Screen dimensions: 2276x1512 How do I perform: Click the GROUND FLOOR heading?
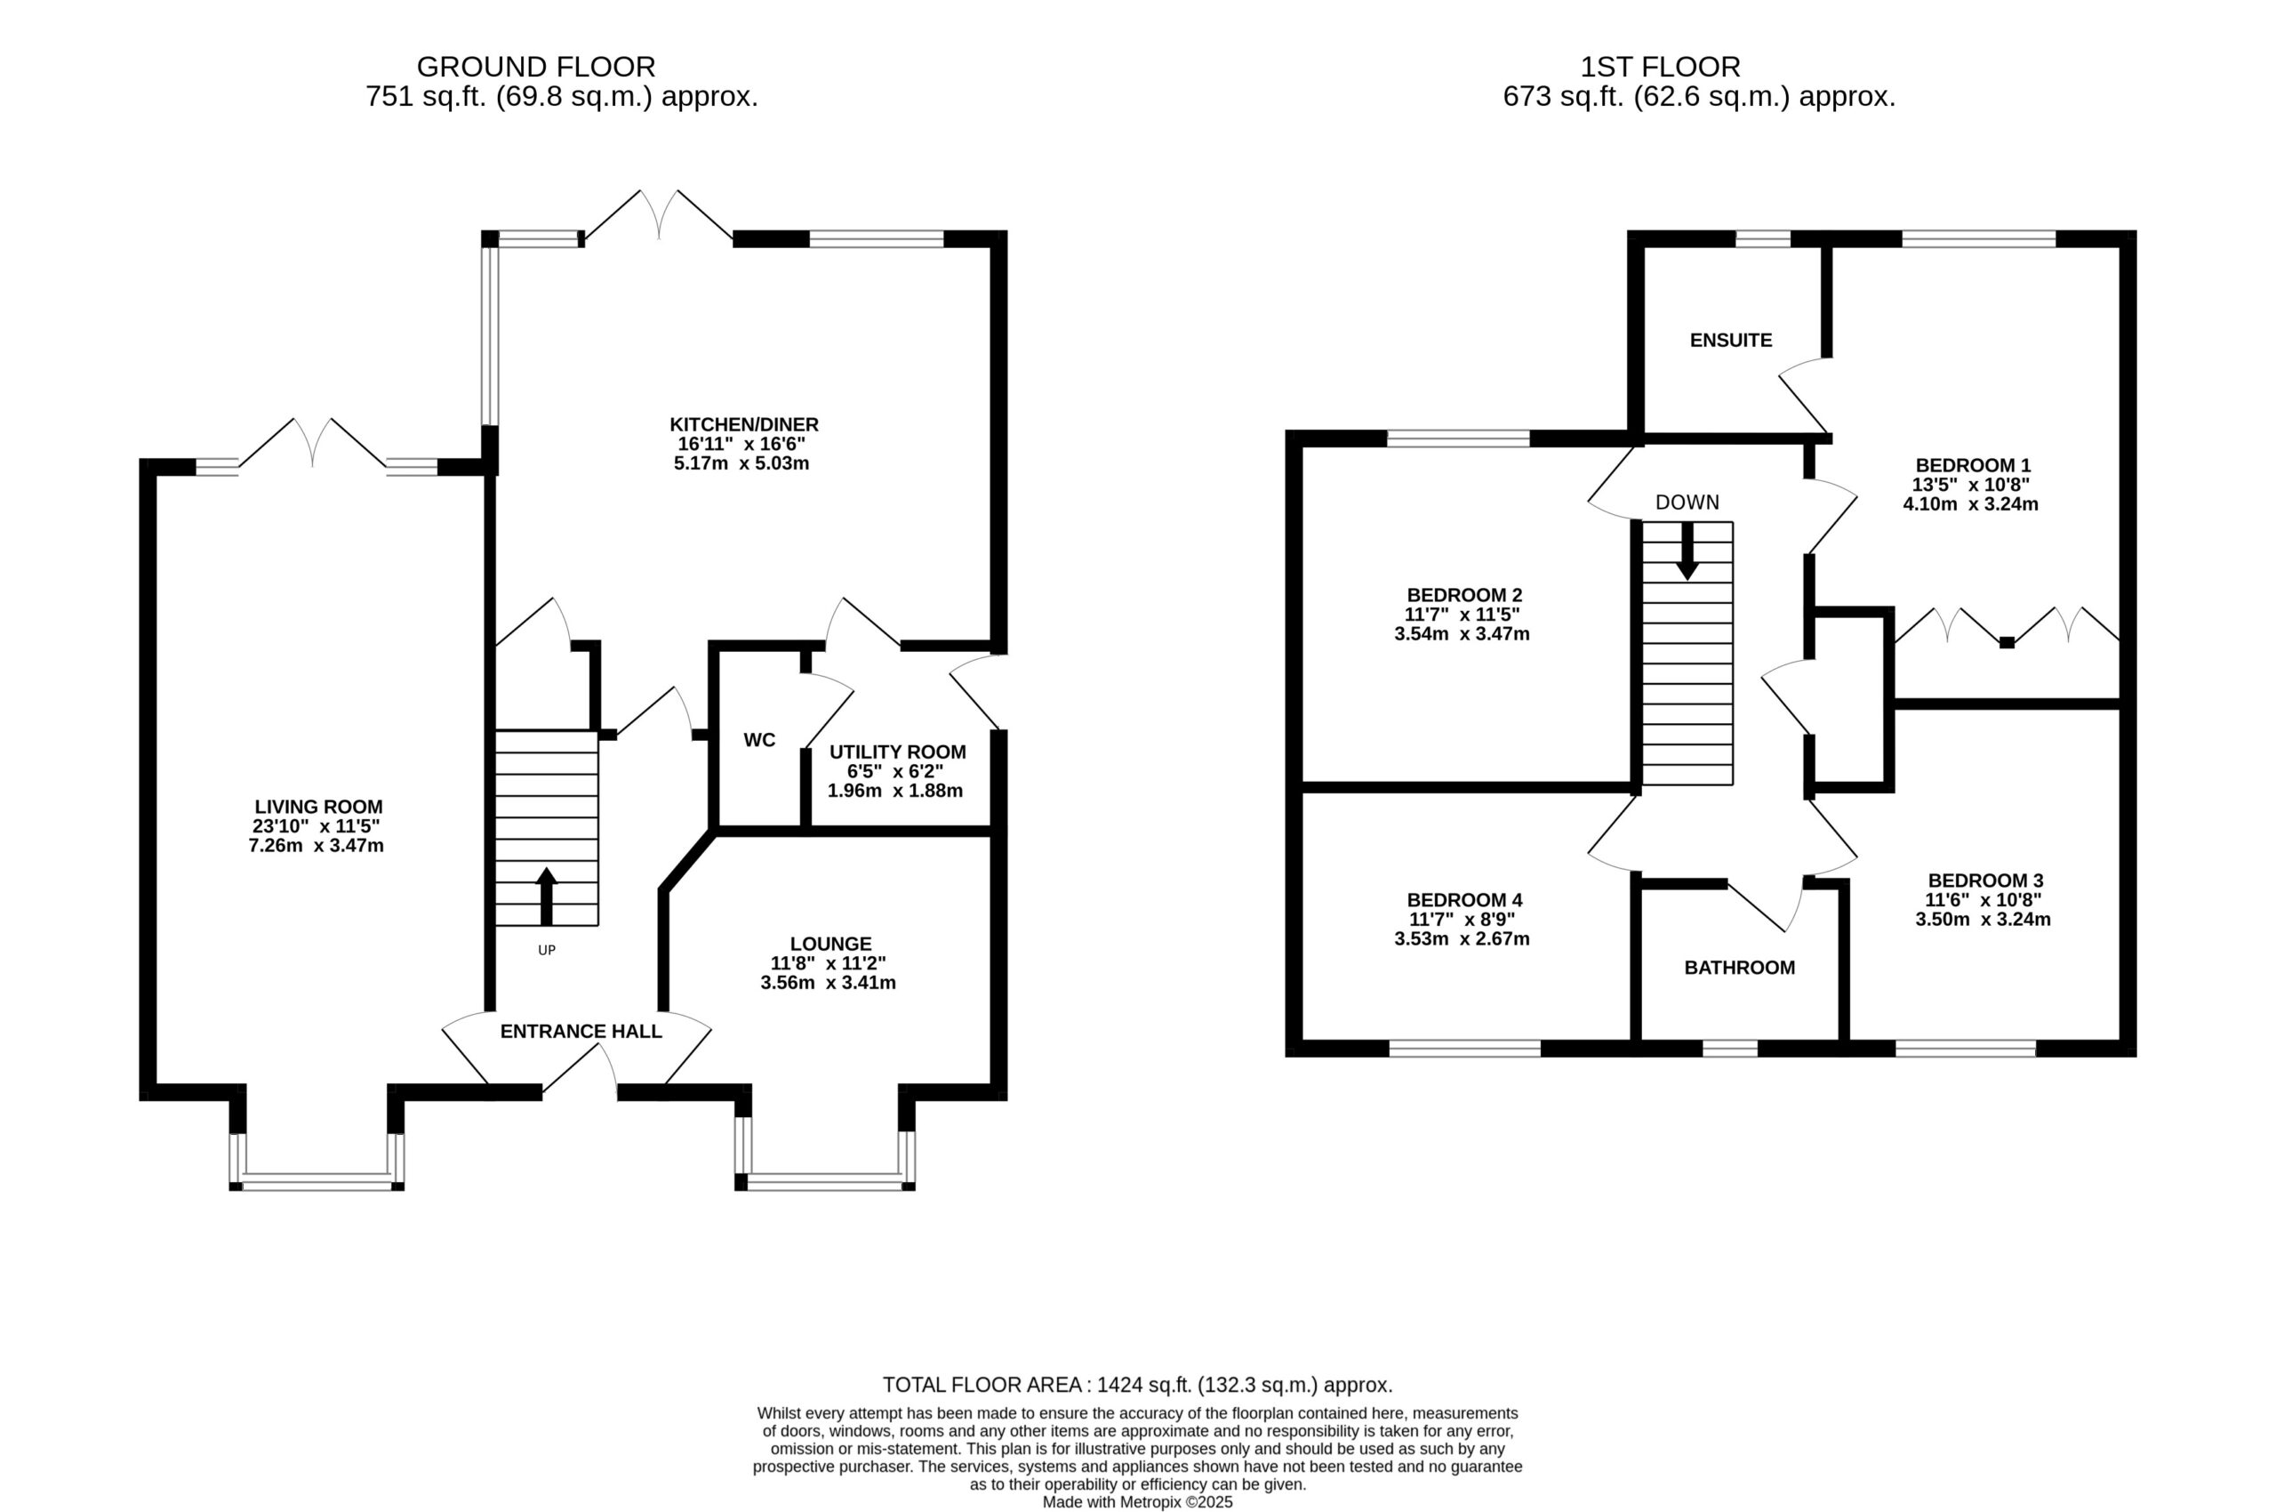(x=536, y=67)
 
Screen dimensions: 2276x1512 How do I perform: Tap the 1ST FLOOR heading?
(x=1660, y=67)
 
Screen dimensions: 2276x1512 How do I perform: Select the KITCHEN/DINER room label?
(x=744, y=424)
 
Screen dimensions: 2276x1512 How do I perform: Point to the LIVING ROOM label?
(x=318, y=807)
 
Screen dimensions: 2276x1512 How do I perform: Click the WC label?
(x=759, y=741)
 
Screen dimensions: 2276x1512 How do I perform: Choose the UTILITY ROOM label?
(x=897, y=752)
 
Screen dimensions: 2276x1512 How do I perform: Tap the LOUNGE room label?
(x=831, y=944)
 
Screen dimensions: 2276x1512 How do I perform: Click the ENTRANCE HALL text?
(x=581, y=1032)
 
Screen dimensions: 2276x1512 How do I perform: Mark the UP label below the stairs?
(x=547, y=950)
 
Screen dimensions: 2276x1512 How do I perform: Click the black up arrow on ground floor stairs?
(x=547, y=897)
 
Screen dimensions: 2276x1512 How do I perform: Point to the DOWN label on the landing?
(x=1687, y=503)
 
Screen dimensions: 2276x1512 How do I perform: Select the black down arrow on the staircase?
(x=1687, y=551)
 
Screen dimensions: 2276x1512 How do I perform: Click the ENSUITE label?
(x=1731, y=341)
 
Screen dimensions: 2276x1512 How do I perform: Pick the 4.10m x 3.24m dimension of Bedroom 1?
(x=1970, y=503)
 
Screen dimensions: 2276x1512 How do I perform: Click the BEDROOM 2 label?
(x=1464, y=595)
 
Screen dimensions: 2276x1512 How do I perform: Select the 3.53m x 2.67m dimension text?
(x=1463, y=938)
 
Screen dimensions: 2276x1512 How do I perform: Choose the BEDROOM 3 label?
(x=1986, y=881)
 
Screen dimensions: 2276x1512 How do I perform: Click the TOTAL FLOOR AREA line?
(x=1137, y=1386)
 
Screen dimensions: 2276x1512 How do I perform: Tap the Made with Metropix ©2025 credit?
(x=1137, y=1502)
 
